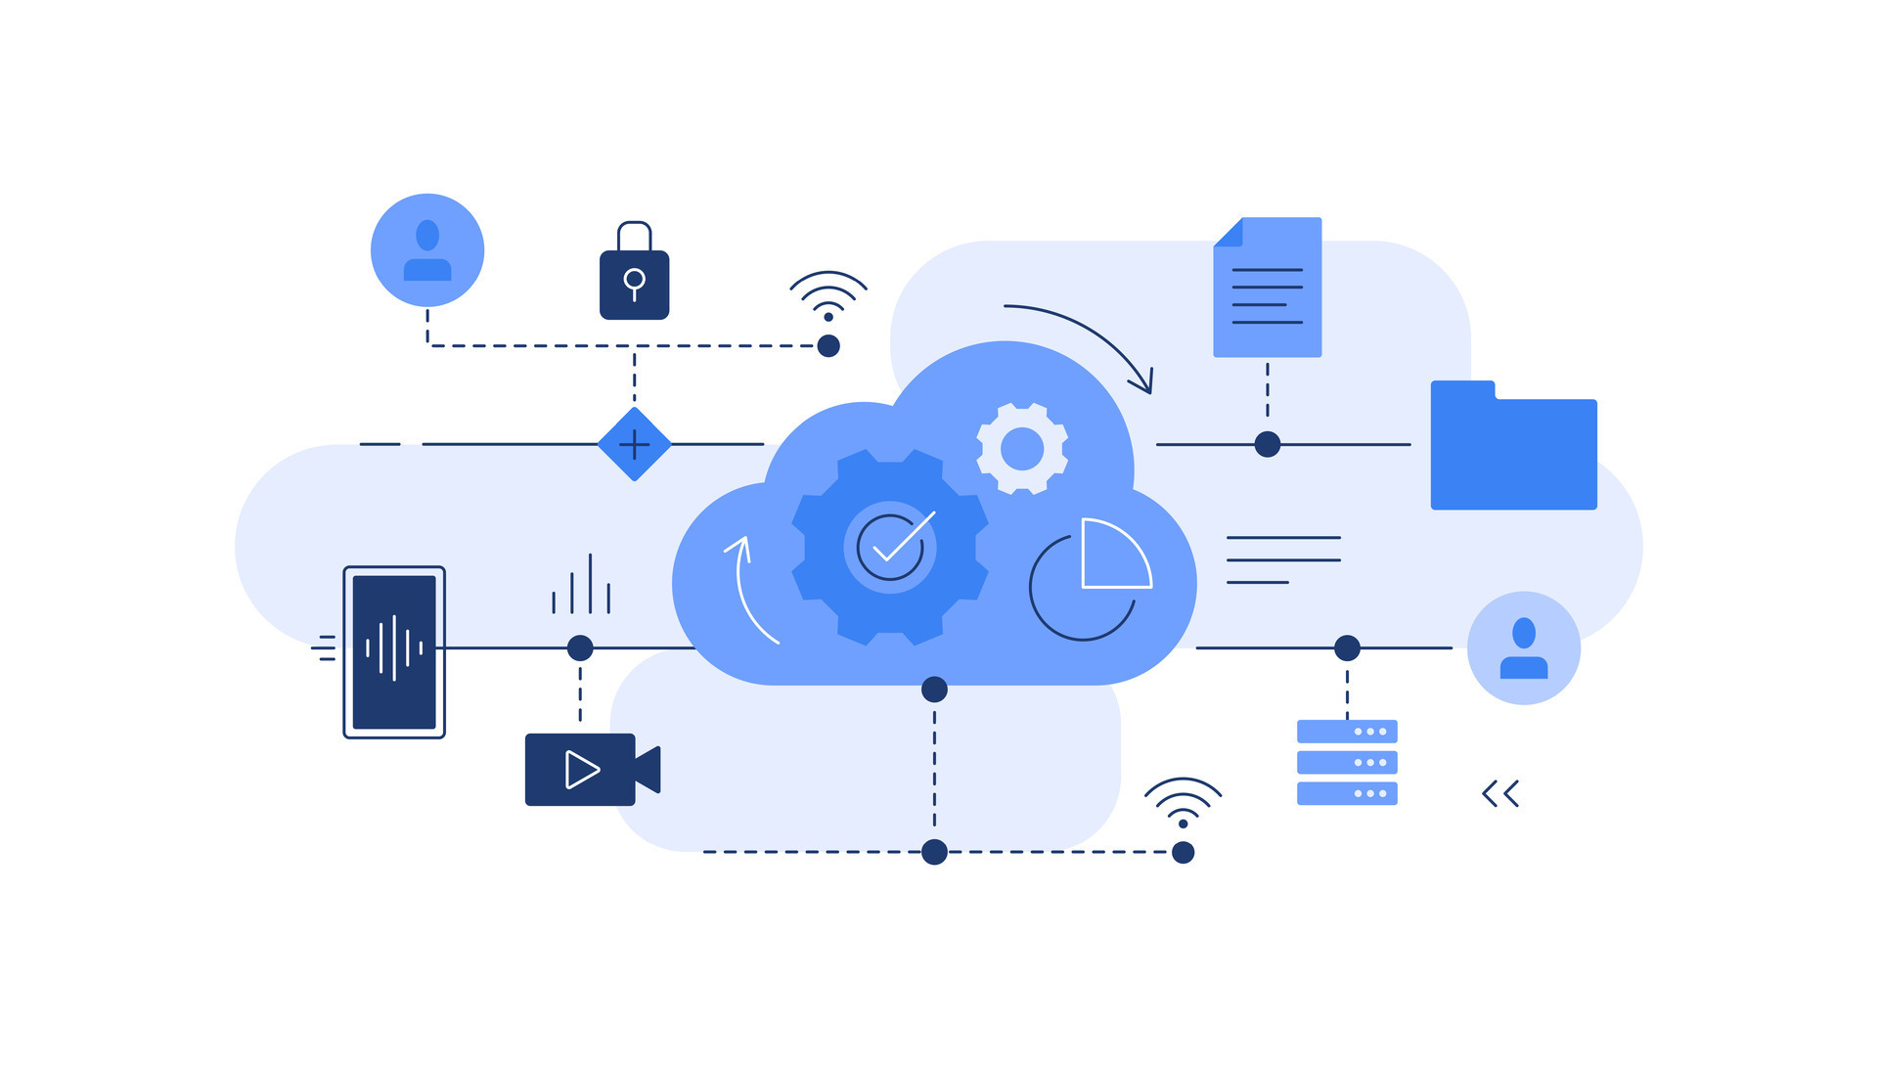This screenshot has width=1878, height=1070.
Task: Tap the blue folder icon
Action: pos(1513,448)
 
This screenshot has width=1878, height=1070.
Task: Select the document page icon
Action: pos(1268,288)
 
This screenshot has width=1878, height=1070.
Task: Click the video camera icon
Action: pos(591,770)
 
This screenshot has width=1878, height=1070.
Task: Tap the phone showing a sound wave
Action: pos(394,651)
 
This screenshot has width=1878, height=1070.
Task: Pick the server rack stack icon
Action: pos(1347,762)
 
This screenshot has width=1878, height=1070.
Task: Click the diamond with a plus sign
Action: pos(635,445)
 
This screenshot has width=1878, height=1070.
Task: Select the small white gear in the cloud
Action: pos(1022,449)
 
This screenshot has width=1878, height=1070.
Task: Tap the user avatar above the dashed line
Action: pos(427,250)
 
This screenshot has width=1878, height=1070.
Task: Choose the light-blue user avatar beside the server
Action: pos(1524,647)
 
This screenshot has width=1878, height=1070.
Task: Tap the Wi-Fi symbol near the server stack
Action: pos(1183,802)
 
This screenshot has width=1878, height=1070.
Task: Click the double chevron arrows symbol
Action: pos(1500,793)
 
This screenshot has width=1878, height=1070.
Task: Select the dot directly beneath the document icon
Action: pos(1268,445)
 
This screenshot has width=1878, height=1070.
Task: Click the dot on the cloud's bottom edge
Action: pos(934,690)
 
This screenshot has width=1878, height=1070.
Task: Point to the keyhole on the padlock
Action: pos(634,283)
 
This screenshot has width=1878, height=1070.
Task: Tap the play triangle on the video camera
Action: pos(581,770)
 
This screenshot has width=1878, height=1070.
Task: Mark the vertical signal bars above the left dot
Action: pos(581,586)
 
